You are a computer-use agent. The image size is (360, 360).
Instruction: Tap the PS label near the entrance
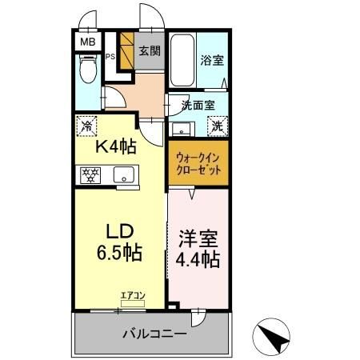[x=111, y=56]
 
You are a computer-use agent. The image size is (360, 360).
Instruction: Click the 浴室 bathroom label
[x=211, y=59]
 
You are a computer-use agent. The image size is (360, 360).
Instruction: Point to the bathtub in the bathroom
[x=181, y=60]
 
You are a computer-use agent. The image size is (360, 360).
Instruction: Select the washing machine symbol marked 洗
[x=217, y=125]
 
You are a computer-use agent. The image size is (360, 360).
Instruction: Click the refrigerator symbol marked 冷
[x=86, y=126]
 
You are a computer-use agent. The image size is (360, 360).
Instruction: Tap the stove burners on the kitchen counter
[x=90, y=174]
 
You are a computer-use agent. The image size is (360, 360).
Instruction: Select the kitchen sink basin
[x=123, y=174]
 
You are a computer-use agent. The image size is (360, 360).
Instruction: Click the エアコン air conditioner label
[x=132, y=295]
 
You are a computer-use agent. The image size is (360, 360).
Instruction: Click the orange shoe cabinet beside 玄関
[x=126, y=49]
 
